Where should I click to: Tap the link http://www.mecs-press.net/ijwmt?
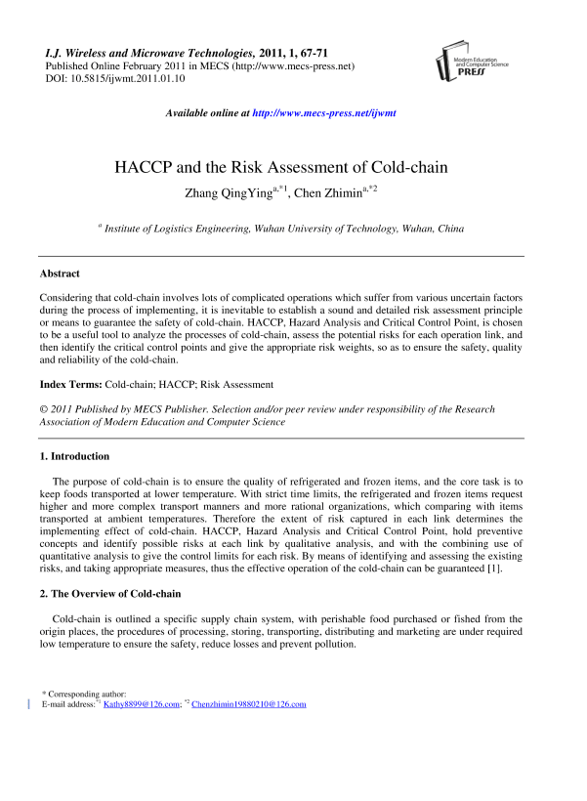324,113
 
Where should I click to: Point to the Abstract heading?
60,274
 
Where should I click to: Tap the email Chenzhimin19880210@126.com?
249,703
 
